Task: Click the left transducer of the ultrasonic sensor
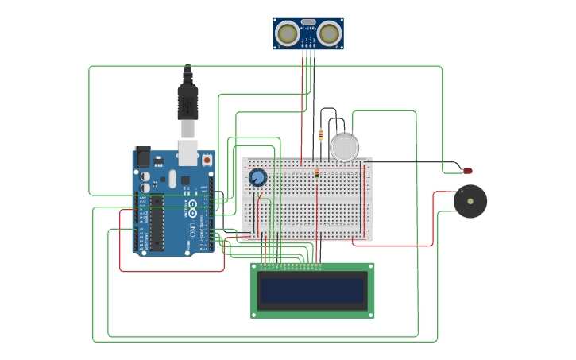287,33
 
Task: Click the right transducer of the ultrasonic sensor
330,33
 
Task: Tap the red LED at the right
467,171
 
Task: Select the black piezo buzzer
470,201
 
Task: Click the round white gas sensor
344,147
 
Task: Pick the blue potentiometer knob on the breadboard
257,177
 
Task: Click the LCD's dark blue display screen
313,290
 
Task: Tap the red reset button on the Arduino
207,160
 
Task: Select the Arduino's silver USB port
187,152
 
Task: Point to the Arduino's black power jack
143,157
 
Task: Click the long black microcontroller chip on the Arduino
157,222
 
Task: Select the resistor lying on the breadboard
317,172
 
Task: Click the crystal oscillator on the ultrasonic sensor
308,22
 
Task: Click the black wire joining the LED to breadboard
413,162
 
